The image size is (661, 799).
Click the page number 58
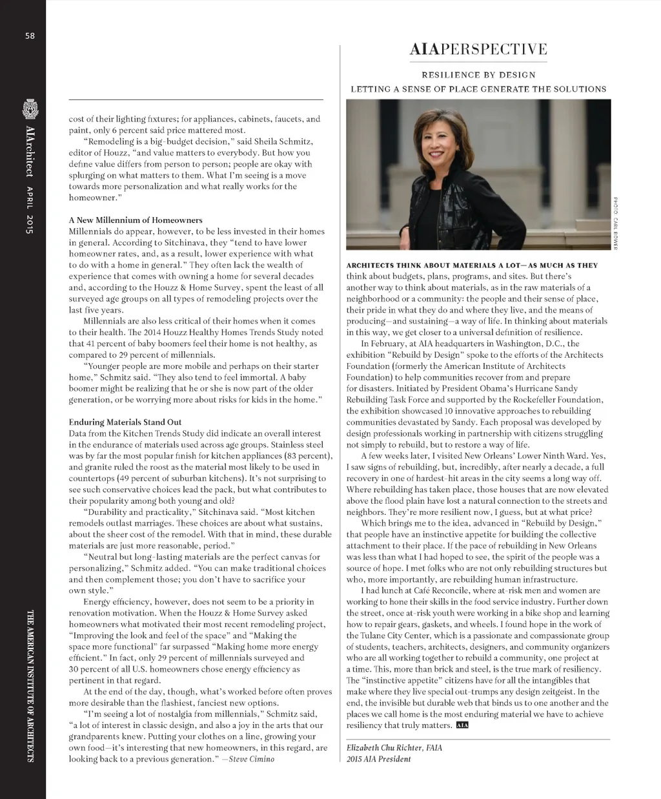30,36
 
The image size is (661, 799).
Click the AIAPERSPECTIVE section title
478,50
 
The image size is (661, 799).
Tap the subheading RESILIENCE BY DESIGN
478,75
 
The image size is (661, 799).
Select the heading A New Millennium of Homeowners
136,220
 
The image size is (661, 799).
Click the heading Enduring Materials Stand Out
134,422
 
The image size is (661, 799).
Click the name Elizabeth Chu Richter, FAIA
394,747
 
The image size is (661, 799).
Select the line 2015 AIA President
378,759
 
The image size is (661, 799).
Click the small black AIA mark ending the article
462,725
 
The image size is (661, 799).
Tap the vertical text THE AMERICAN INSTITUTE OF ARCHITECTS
30,685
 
